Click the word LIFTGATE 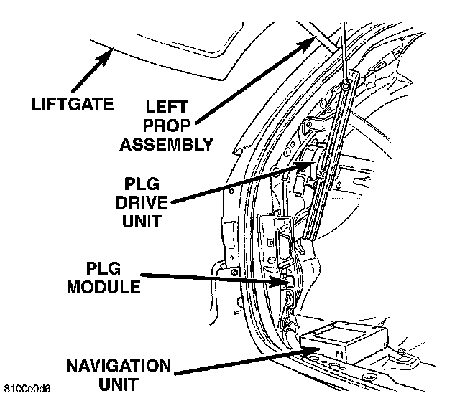click(x=72, y=103)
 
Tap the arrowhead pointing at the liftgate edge click(x=111, y=49)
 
